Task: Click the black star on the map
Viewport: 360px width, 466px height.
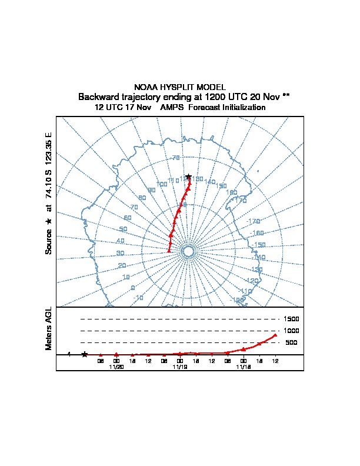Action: [188, 176]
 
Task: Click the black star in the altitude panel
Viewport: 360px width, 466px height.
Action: [85, 354]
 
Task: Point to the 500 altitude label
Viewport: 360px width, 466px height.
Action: [291, 342]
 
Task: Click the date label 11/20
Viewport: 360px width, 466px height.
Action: [116, 367]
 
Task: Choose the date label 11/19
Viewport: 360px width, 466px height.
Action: [180, 367]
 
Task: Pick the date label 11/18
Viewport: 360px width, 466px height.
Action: [244, 367]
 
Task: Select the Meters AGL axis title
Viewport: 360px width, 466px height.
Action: [49, 328]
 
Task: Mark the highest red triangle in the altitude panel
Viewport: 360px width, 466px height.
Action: [275, 335]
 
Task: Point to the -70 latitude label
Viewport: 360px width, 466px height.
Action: [175, 158]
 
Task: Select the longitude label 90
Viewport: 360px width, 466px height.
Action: [151, 190]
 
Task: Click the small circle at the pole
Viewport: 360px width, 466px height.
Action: [188, 251]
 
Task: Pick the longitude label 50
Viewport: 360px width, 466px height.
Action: [123, 229]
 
